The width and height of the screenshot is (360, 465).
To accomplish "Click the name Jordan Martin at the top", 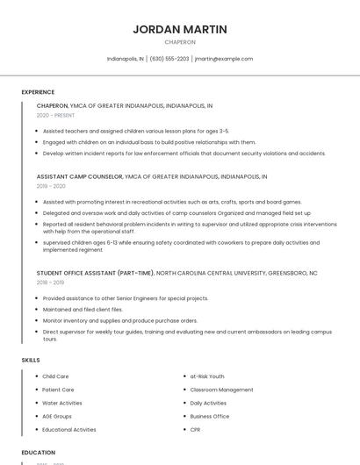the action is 180,29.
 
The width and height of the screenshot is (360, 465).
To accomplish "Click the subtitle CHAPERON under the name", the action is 180,41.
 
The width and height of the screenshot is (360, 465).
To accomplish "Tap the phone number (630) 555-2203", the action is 169,59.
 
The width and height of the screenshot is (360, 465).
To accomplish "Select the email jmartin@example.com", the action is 224,59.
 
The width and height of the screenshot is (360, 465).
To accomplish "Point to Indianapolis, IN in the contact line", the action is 126,59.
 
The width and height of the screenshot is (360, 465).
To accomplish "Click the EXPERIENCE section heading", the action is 38,92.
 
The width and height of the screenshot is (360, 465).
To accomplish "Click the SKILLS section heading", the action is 31,361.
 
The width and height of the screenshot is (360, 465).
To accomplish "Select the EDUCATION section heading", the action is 39,453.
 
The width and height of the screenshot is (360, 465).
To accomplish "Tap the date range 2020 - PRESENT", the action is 56,115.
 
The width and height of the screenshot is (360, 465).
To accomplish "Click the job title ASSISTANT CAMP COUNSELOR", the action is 79,176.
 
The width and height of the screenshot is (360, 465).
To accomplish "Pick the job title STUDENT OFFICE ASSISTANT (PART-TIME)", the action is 95,273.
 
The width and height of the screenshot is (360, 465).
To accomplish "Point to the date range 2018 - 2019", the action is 51,283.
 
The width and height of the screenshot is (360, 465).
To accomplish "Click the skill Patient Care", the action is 58,390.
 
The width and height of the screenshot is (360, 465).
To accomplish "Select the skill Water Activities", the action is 62,403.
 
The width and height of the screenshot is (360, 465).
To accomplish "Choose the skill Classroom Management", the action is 221,390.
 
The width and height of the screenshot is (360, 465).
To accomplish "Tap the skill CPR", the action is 195,430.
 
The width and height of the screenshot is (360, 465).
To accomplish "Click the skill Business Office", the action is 210,417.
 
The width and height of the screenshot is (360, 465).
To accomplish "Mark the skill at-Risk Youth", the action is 207,376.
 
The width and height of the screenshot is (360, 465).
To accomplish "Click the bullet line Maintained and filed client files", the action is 83,310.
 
